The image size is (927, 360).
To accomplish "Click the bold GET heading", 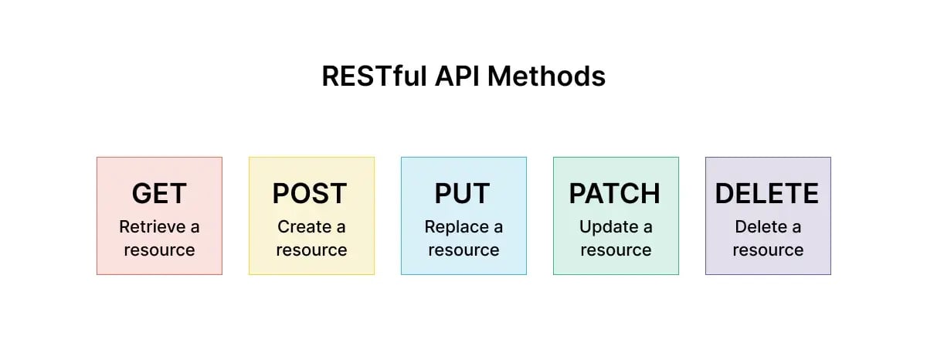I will pyautogui.click(x=159, y=193).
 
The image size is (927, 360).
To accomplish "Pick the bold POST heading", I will pyautogui.click(x=310, y=193).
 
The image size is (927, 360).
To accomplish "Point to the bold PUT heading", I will pyautogui.click(x=463, y=193).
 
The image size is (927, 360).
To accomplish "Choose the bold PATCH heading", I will pyautogui.click(x=615, y=193).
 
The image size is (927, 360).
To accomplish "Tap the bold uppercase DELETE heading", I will pyautogui.click(x=767, y=193).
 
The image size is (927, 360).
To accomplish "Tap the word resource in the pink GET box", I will pyautogui.click(x=159, y=250).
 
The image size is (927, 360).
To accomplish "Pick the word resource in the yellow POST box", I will pyautogui.click(x=311, y=250).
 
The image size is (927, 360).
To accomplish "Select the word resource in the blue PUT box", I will pyautogui.click(x=463, y=250).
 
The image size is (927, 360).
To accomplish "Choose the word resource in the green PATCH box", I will pyautogui.click(x=616, y=250).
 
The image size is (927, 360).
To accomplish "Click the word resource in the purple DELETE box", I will pyautogui.click(x=768, y=250).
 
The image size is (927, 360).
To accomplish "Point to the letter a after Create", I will pyautogui.click(x=341, y=228).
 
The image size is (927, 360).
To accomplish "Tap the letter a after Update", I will pyautogui.click(x=647, y=228).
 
